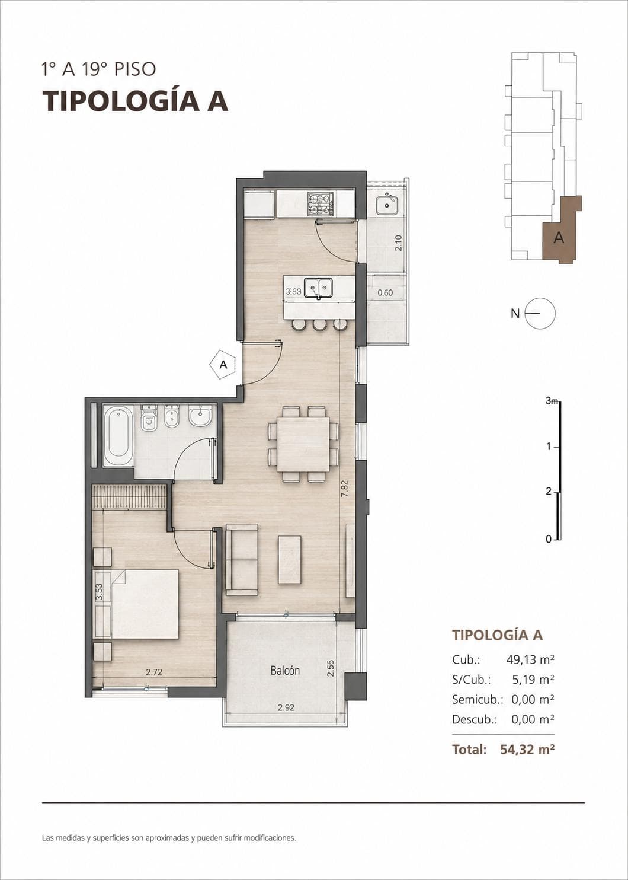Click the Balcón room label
pos(285,671)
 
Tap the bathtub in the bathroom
pos(118,435)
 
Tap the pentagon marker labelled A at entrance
pos(223,365)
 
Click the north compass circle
pos(541,313)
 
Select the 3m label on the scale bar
pos(552,401)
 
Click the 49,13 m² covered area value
pos(530,659)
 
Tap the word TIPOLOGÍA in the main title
pos(120,101)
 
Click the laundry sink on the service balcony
pos(386,205)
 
